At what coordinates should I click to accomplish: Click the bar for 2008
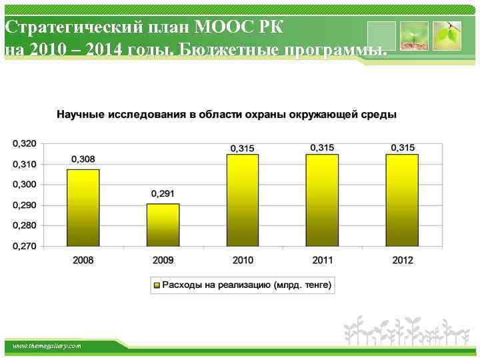coord(83,207)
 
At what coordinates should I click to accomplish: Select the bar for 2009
coord(163,225)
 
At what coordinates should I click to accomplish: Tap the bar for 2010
coord(243,200)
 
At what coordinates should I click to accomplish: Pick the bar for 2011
coord(323,200)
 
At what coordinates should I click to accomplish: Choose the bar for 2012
coord(402,200)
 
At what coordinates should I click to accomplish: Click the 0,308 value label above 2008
coord(83,159)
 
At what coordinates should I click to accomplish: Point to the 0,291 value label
coord(163,194)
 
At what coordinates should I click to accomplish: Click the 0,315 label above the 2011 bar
coord(323,147)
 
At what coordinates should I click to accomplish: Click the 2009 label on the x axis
coord(163,260)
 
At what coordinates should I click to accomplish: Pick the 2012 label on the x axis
coord(402,260)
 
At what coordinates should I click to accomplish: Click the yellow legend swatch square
coord(157,285)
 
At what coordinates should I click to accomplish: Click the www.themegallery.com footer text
coord(47,346)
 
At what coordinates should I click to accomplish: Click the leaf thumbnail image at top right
coord(446,35)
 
